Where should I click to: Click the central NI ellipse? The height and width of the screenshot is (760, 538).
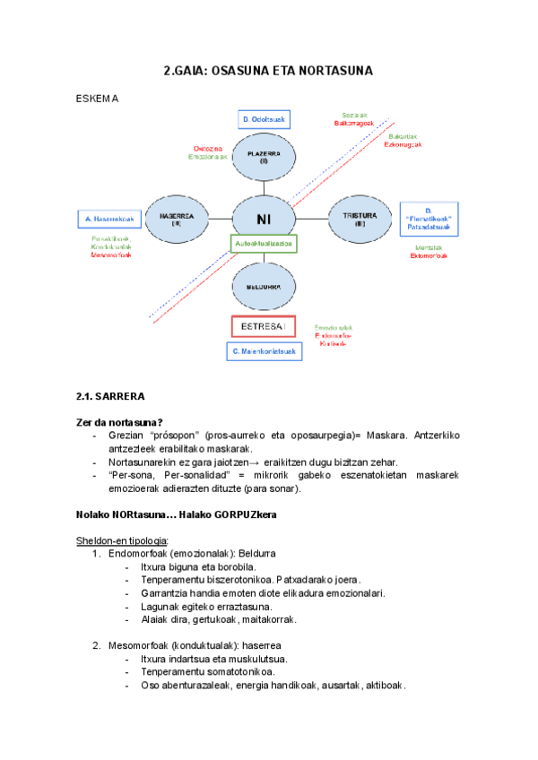pos(264,219)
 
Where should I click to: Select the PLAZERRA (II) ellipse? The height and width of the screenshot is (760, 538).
pos(264,158)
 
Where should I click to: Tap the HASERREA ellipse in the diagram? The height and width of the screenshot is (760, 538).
pos(177,220)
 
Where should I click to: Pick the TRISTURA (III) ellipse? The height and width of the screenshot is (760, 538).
pos(353,219)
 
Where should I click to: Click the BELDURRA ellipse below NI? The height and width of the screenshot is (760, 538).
pos(264,287)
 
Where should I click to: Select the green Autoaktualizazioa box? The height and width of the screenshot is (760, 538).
pos(264,243)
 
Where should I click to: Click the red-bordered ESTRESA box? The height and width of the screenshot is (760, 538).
pos(264,327)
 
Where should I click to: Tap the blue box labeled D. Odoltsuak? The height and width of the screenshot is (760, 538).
pos(264,119)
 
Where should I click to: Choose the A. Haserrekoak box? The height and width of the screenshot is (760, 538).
pos(108,219)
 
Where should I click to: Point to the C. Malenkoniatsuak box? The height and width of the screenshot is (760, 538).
pos(264,351)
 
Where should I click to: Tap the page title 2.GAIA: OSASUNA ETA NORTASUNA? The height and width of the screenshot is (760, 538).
pos(268,71)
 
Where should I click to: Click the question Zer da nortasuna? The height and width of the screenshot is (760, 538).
pos(124,422)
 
